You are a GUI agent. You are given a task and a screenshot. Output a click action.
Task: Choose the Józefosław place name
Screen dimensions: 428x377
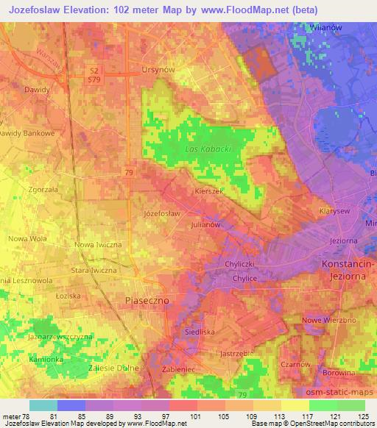coord(163,213)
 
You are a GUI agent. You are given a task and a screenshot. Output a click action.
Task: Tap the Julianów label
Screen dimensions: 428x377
coord(206,224)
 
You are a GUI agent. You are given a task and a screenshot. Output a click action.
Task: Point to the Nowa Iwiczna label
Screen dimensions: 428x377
coord(98,244)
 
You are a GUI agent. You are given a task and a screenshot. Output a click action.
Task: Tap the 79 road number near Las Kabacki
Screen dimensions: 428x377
coord(128,172)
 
